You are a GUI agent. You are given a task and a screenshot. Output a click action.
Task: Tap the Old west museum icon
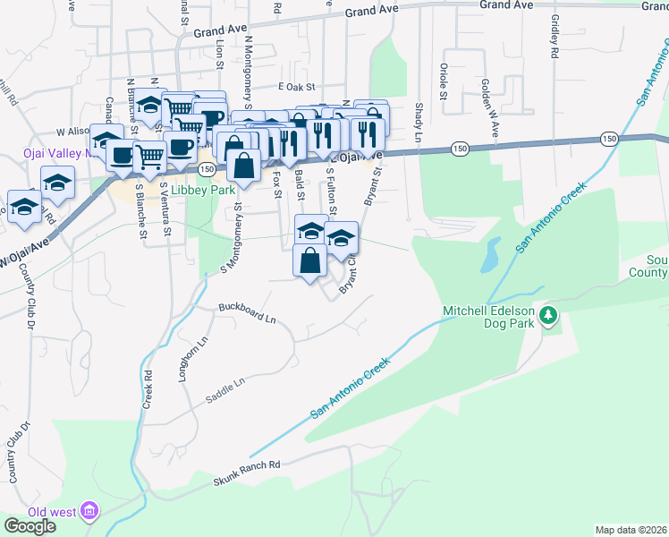tap(89, 512)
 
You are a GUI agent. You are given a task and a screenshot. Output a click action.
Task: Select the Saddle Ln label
tap(224, 389)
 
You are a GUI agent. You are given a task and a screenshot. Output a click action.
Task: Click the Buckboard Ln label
tap(247, 313)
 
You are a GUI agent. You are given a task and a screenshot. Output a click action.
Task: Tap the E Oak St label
tap(298, 87)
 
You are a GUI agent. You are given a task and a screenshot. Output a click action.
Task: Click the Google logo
tap(30, 526)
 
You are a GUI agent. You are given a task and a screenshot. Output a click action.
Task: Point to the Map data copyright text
tap(631, 530)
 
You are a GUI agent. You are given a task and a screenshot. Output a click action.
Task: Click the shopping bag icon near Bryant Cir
tap(309, 260)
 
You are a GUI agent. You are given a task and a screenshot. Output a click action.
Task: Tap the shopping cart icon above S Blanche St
tap(150, 157)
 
